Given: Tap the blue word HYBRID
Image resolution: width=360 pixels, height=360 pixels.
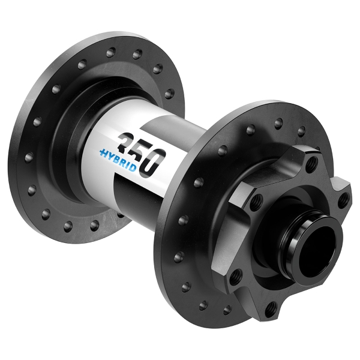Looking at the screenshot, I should pyautogui.click(x=118, y=157).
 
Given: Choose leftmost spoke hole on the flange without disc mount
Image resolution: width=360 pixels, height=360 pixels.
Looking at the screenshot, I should pyautogui.click(x=28, y=157).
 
